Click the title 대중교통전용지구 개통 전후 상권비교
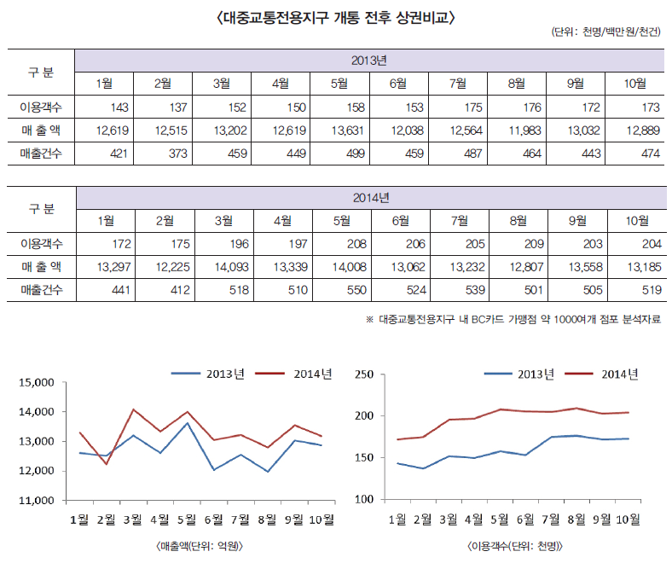pyautogui.click(x=335, y=16)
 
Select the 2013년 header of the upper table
pyautogui.click(x=369, y=61)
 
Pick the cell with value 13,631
pyautogui.click(x=339, y=130)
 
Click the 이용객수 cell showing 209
pyautogui.click(x=518, y=244)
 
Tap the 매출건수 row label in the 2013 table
pyautogui.click(x=40, y=153)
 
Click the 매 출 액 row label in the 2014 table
pyautogui.click(x=40, y=267)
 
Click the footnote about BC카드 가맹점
pyautogui.click(x=513, y=319)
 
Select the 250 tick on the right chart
pyautogui.click(x=365, y=374)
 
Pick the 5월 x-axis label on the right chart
pyautogui.click(x=500, y=519)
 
